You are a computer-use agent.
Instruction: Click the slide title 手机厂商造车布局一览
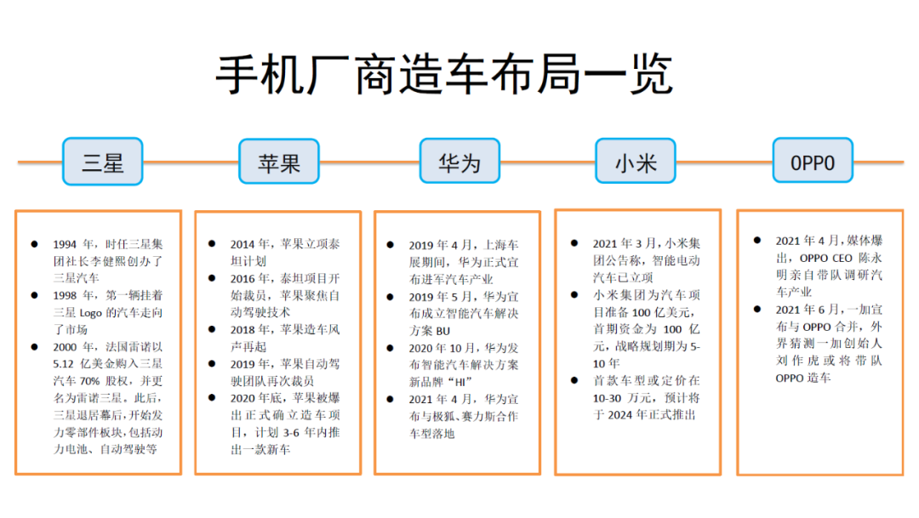444,74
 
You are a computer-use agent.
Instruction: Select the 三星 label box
103,162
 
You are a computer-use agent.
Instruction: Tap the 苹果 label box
279,162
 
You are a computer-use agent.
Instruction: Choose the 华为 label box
459,161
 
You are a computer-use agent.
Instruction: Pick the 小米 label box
636,161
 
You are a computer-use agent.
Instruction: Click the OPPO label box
813,161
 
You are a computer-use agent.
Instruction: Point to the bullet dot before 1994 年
35,244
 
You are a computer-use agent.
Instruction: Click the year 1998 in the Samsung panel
65,295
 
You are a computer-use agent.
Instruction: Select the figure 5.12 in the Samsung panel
63,364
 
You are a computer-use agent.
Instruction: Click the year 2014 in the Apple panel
242,244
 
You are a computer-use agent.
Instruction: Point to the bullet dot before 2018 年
212,329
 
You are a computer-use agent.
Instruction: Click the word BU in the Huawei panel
443,331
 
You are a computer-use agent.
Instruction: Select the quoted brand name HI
459,382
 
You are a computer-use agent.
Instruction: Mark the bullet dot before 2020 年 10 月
390,348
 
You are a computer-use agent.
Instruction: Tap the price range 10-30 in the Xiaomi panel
606,398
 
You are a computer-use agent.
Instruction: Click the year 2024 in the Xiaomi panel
619,415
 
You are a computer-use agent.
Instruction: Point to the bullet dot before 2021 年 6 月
757,309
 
